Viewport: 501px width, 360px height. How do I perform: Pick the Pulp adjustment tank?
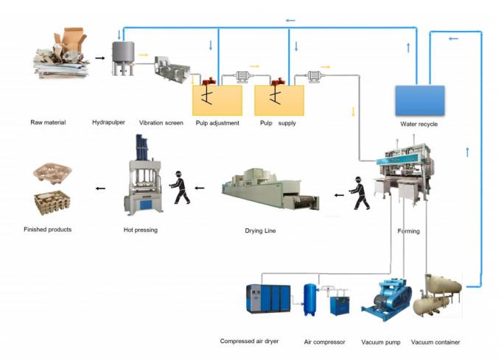[x=217, y=99]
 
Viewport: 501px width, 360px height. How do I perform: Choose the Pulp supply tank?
[x=279, y=99]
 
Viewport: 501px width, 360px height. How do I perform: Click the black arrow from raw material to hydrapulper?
[x=99, y=57]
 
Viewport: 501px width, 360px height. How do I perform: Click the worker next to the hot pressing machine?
[x=180, y=188]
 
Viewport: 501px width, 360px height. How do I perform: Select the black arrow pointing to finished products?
[x=99, y=189]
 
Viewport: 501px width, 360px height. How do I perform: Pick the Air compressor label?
[x=324, y=342]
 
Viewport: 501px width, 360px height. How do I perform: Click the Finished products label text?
[x=48, y=230]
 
